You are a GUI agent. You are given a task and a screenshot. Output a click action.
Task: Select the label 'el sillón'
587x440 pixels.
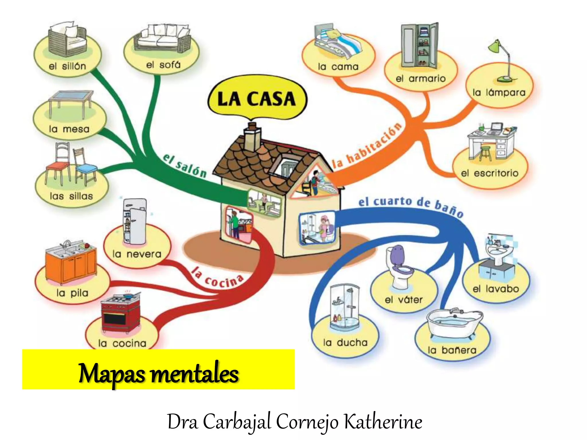[x=67, y=66]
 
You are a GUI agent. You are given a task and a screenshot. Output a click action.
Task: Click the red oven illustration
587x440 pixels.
[x=120, y=314]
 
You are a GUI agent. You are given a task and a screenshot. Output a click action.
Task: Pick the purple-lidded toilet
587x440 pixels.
[x=400, y=266]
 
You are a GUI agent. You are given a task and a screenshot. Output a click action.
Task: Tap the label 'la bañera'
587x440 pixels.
[x=452, y=350]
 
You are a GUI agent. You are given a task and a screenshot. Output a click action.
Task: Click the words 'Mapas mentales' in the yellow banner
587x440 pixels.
[x=159, y=374]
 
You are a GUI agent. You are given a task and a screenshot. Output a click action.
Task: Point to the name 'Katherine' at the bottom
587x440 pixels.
[x=383, y=422]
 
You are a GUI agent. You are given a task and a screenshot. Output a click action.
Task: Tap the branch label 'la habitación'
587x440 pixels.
[x=367, y=146]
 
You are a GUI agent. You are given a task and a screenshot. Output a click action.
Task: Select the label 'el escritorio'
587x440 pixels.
[x=490, y=173]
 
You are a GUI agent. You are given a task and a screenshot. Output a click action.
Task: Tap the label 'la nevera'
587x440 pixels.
[x=137, y=254]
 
